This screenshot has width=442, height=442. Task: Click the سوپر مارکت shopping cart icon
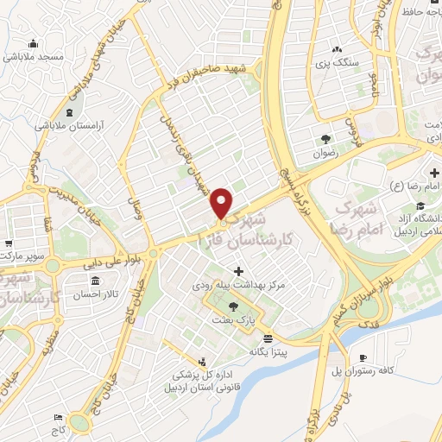point(8,219)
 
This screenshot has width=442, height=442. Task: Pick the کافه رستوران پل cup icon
point(363,358)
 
